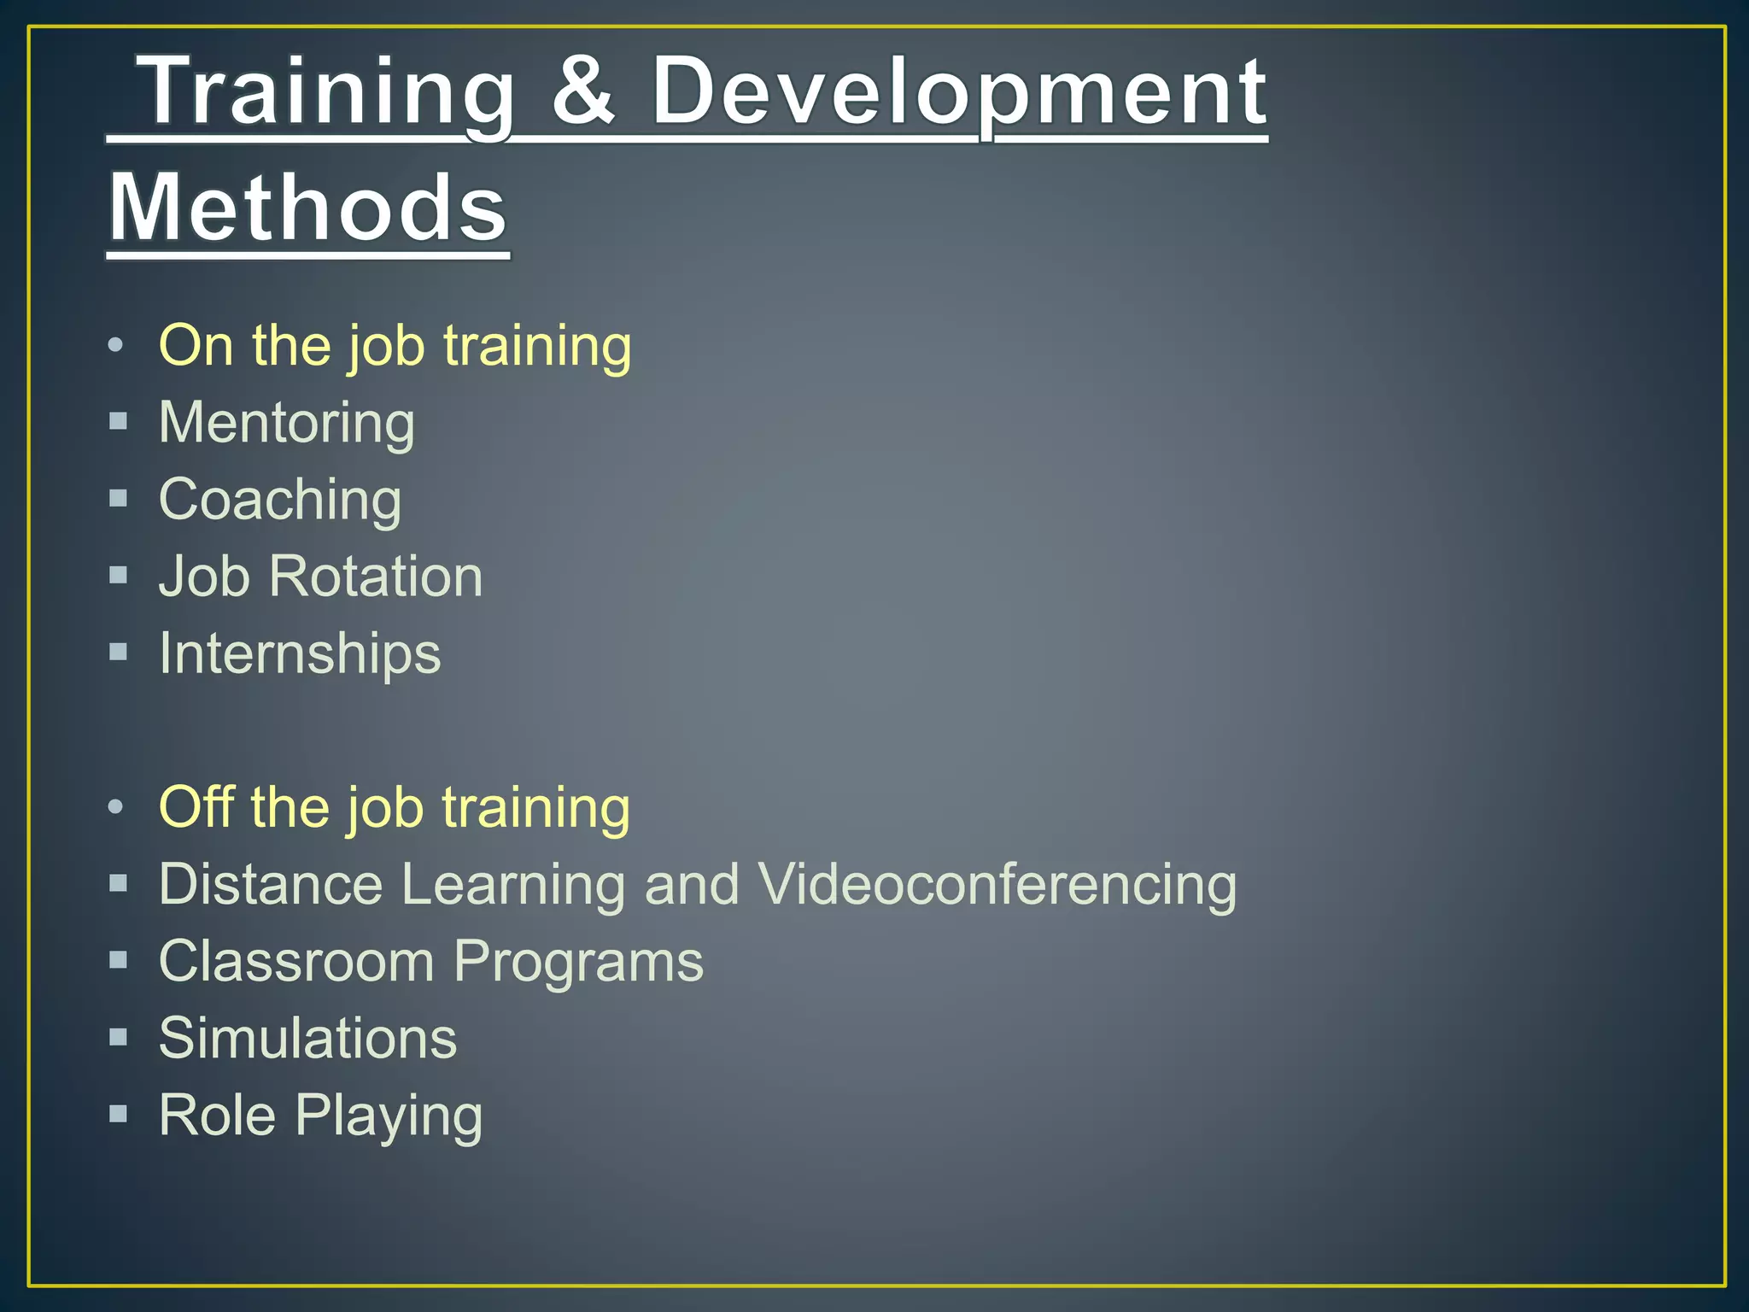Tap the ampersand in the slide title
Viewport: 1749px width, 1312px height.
[x=583, y=91]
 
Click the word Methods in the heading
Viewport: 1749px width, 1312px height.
[x=308, y=208]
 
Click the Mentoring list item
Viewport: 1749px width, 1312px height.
[x=287, y=423]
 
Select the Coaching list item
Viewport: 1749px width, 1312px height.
[x=280, y=500]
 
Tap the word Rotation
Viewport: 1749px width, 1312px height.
[x=376, y=577]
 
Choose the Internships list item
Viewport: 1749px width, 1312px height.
[x=300, y=653]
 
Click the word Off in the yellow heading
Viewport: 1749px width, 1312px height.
[x=196, y=807]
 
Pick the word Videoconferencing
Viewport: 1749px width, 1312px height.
[x=997, y=884]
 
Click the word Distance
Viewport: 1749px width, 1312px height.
[x=271, y=884]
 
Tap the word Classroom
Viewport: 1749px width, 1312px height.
[x=296, y=961]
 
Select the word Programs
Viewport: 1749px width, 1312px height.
[x=578, y=963]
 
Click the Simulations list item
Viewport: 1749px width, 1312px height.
[x=307, y=1039]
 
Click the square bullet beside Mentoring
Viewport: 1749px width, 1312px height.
[x=119, y=421]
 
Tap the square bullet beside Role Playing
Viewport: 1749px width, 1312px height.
[x=119, y=1114]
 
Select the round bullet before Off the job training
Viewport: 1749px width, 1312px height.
[x=117, y=806]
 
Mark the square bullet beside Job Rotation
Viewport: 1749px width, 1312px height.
[x=119, y=575]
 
